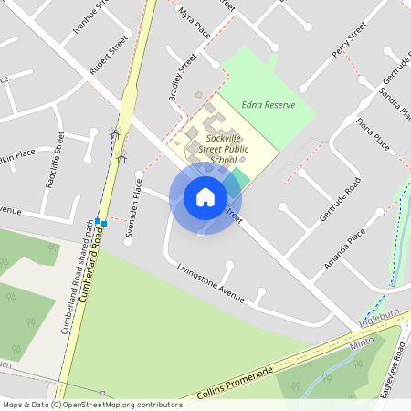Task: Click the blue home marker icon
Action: tap(205, 196)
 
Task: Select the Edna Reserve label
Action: tap(269, 105)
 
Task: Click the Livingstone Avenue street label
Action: tap(212, 283)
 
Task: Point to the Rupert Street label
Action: tap(107, 55)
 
